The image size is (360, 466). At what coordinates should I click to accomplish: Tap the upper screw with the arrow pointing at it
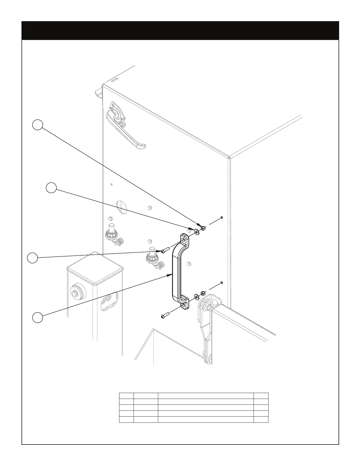tap(164, 251)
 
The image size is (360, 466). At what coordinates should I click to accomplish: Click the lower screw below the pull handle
tap(164, 316)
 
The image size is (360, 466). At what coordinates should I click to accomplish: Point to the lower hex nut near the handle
tap(203, 293)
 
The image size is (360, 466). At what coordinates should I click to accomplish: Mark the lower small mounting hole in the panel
tap(221, 283)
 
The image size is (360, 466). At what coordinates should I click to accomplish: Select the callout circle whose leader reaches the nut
tap(37, 125)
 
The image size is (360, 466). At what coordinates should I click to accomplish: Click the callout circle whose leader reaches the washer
tap(51, 188)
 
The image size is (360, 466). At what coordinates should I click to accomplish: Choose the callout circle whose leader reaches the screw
tap(32, 258)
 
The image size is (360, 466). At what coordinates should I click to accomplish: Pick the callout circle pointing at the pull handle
tap(37, 317)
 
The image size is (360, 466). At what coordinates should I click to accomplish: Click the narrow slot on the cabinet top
tap(114, 80)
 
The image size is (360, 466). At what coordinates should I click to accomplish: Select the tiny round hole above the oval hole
tap(111, 184)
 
